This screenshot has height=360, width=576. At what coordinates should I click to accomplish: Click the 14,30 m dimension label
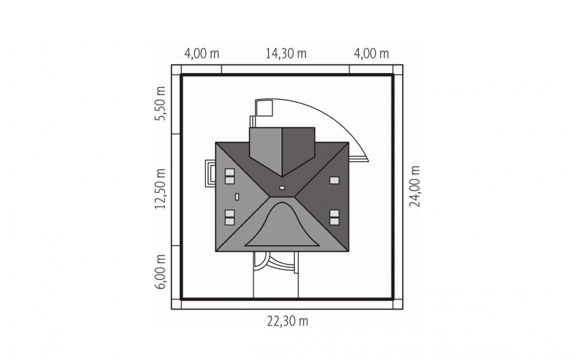286,54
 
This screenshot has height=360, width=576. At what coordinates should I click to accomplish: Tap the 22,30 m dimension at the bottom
287,321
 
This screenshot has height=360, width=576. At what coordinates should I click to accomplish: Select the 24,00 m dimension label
415,186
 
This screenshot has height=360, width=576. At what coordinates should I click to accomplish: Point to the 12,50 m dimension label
160,189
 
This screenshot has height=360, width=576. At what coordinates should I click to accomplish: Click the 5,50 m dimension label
160,104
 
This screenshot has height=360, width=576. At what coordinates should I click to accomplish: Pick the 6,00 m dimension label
160,272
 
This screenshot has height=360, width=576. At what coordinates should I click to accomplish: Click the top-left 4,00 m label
202,54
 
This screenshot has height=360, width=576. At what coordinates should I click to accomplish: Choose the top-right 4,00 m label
371,54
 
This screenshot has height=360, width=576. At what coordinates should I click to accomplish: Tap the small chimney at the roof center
282,188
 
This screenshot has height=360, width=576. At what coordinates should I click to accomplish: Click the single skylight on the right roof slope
335,180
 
